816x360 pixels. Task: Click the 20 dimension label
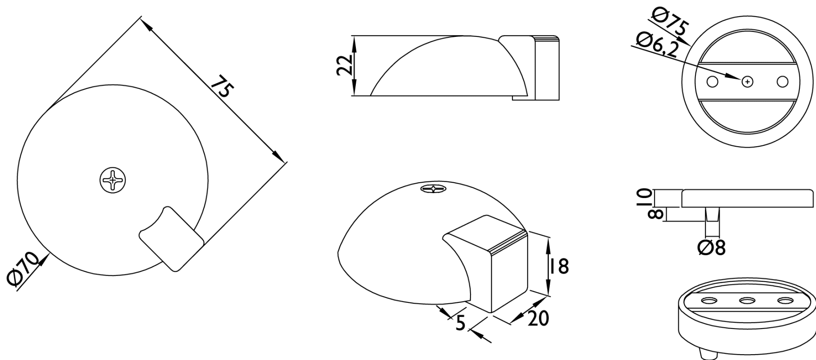click(x=538, y=318)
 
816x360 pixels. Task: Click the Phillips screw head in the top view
click(x=112, y=180)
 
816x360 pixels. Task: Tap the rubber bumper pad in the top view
click(x=171, y=238)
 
